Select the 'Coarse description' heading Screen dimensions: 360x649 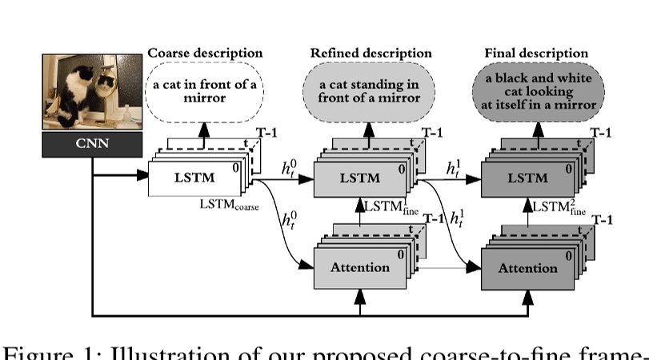point(205,54)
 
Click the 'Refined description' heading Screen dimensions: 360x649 point(371,54)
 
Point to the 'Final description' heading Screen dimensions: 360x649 point(531,54)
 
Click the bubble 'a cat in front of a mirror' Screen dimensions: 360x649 point(205,91)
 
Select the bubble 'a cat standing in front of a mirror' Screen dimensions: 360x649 point(370,91)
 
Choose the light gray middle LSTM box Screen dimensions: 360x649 point(359,178)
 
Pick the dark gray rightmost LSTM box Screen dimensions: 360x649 point(527,178)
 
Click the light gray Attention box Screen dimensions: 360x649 point(359,267)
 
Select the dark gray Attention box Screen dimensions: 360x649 point(527,268)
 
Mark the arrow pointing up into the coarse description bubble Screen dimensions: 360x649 point(204,130)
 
